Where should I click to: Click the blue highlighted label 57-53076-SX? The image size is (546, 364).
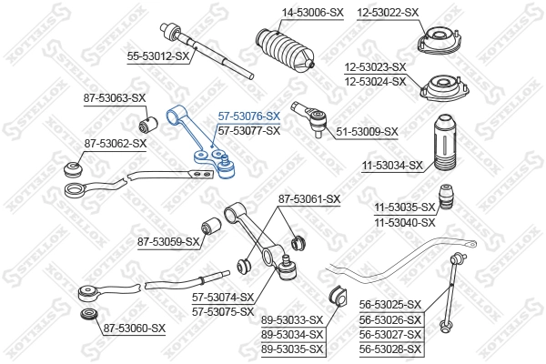[x=248, y=116]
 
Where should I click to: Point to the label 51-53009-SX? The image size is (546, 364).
[x=367, y=131]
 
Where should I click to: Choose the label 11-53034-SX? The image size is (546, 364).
[x=392, y=165]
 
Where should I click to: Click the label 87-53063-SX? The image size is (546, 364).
[x=114, y=96]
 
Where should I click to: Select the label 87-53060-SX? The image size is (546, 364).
[x=134, y=328]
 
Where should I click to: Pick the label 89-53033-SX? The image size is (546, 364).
[x=292, y=319]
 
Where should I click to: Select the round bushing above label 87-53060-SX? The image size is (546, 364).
[x=88, y=316]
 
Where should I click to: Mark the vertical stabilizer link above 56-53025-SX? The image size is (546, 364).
[x=449, y=296]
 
